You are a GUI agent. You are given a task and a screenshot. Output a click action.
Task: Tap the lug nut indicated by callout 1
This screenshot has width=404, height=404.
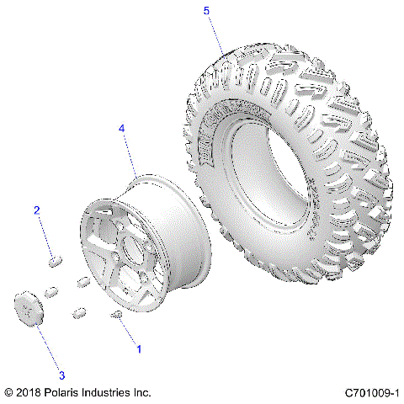point(117,315)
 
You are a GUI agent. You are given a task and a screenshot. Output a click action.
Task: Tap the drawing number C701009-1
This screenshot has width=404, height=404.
point(371,392)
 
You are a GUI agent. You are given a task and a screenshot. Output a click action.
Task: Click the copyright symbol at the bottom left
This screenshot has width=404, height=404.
point(8,392)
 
